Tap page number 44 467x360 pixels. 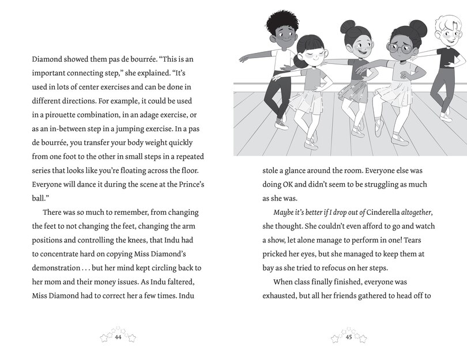point(118,338)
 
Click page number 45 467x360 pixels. point(349,338)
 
